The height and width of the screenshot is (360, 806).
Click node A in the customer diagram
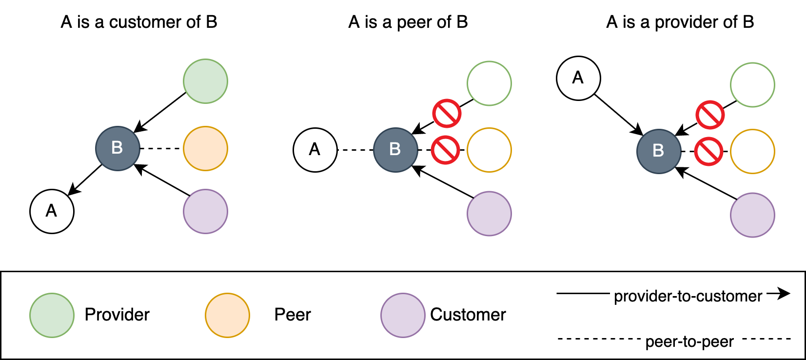(x=52, y=211)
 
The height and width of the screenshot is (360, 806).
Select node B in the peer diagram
(x=395, y=150)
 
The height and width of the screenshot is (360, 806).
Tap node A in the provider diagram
(x=578, y=78)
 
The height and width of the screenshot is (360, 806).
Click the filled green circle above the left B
(x=205, y=81)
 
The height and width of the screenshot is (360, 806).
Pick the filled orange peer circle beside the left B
(x=205, y=148)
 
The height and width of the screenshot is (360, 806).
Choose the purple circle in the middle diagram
(x=489, y=214)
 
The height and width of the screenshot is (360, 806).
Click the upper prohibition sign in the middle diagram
(x=447, y=114)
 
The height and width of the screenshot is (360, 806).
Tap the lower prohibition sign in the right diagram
(x=708, y=151)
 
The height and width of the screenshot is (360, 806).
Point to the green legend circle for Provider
(x=52, y=315)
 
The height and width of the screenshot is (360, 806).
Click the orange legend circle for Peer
(x=227, y=315)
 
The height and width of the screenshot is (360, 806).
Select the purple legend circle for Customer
(x=403, y=315)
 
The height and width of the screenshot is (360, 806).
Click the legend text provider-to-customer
(x=688, y=296)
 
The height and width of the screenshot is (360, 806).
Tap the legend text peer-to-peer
(x=689, y=341)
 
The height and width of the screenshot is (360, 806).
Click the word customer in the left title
(x=147, y=22)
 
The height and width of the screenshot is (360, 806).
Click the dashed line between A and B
(x=355, y=150)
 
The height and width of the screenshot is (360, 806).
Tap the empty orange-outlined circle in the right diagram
(x=752, y=151)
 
